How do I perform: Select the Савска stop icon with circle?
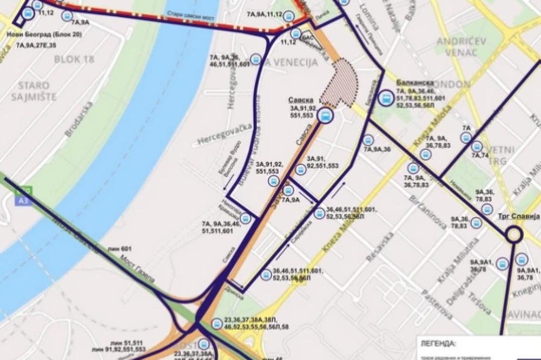[326, 115]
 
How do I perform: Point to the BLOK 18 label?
[71, 58]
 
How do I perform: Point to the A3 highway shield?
[22, 200]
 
